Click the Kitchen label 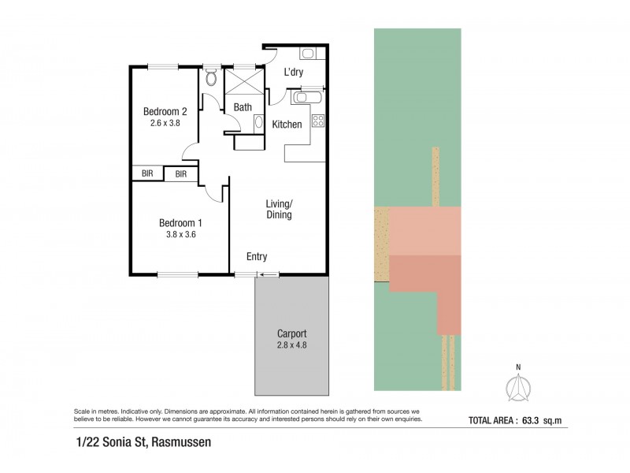(287, 125)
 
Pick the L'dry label (294, 73)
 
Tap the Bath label (243, 107)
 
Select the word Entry (257, 257)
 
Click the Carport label (291, 333)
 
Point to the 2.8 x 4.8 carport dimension (291, 345)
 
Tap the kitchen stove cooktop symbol (319, 121)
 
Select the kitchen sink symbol (303, 98)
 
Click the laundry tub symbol (308, 54)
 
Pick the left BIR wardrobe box (147, 173)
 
